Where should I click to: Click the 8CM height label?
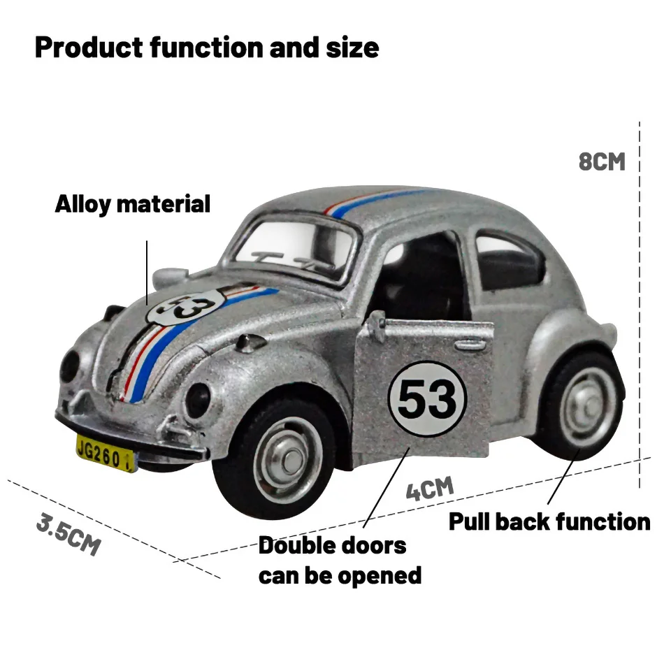click(x=602, y=161)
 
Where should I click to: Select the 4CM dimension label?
click(x=430, y=487)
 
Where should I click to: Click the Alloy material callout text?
click(x=133, y=204)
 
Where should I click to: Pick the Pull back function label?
click(x=549, y=521)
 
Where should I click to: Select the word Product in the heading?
click(x=83, y=48)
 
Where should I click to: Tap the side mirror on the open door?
click(x=377, y=324)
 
